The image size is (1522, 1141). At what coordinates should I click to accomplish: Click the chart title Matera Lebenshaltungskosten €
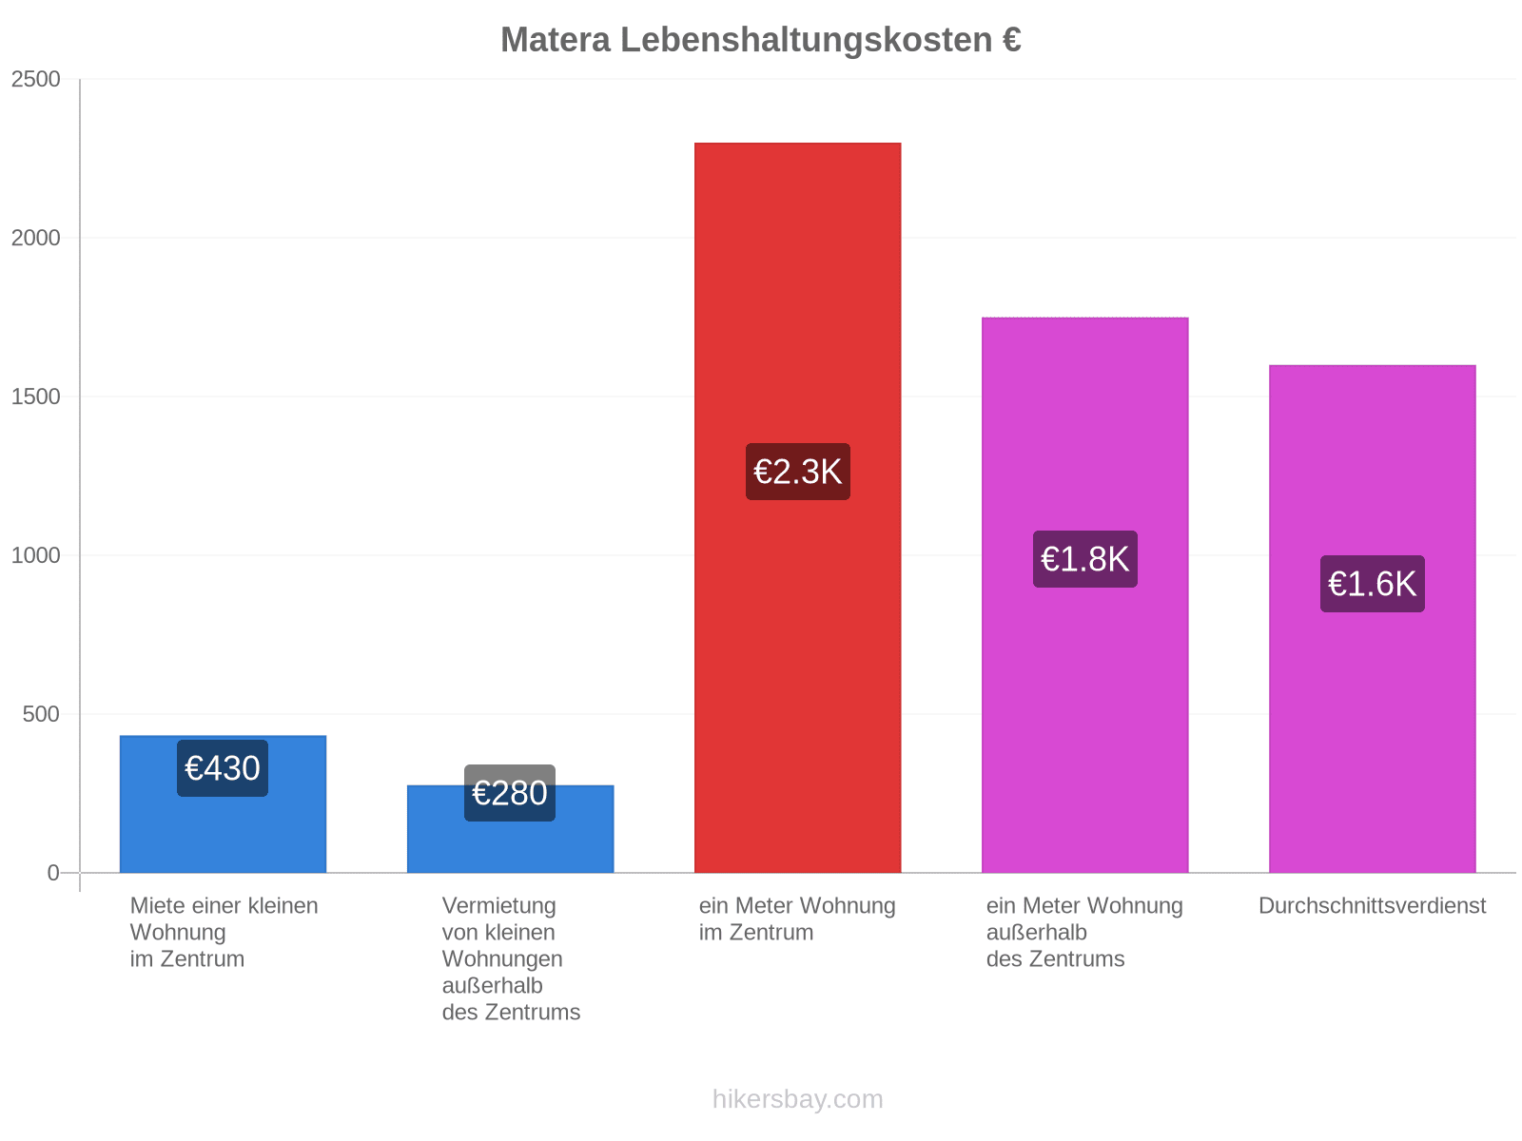(x=761, y=40)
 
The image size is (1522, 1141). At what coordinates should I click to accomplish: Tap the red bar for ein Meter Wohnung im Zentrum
(x=797, y=508)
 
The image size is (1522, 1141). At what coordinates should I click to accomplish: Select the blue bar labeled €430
(x=223, y=804)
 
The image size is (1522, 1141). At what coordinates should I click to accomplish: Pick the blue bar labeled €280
(x=510, y=829)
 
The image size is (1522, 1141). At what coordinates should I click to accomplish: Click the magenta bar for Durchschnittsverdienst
(x=1373, y=619)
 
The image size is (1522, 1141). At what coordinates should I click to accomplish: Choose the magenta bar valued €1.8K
(x=1085, y=595)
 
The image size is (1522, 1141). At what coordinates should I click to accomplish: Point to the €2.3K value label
(x=797, y=472)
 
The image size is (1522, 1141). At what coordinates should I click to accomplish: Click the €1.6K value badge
(x=1373, y=584)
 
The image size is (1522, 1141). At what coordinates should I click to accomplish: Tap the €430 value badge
(x=223, y=768)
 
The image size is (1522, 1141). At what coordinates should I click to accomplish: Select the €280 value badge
(x=510, y=793)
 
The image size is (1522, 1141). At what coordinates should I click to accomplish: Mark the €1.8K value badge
(x=1085, y=559)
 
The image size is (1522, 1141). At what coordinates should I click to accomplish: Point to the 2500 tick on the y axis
(x=35, y=79)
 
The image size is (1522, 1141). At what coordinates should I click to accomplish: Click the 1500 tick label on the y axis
(x=35, y=396)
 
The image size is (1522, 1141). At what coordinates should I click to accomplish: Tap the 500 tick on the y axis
(x=41, y=714)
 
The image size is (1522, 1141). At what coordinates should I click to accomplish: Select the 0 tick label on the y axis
(x=53, y=873)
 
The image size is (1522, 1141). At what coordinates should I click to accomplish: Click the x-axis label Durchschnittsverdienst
(x=1373, y=906)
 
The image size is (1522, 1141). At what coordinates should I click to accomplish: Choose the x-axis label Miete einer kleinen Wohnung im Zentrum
(x=224, y=933)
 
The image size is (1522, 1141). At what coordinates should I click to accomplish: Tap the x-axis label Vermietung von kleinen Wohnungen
(x=511, y=958)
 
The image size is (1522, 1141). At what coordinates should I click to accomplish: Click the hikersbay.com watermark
(x=797, y=1099)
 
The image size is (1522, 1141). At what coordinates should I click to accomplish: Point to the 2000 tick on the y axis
(x=35, y=238)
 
